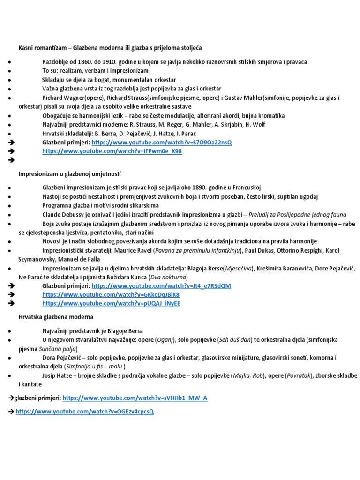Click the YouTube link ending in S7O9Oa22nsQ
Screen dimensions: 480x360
pos(162,142)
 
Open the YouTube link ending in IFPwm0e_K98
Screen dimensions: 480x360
pos(112,151)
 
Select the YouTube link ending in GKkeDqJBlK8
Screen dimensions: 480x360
pos(111,295)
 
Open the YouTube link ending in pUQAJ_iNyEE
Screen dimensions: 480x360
pos(111,304)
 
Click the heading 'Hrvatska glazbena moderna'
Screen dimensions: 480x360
pos(56,317)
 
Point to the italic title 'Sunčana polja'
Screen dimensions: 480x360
pos(59,349)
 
